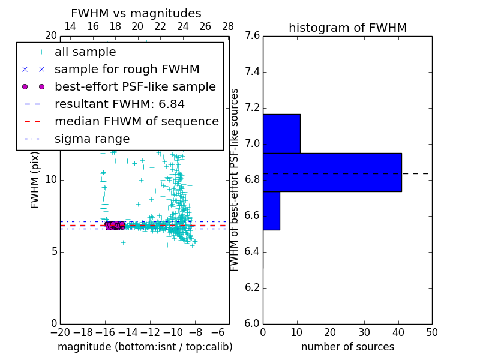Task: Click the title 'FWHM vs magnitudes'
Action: (136, 13)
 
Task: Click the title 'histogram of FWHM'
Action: (347, 28)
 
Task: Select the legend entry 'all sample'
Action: (85, 52)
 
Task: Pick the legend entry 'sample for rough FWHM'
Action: (127, 70)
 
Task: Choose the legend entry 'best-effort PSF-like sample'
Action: (135, 87)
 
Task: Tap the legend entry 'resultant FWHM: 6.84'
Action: (119, 104)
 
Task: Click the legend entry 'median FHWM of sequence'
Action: (136, 122)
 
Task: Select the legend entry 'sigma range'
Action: (92, 139)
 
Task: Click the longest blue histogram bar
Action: (332, 172)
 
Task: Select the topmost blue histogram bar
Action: (281, 133)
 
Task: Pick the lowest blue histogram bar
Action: (271, 211)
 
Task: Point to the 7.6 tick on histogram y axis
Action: (252, 36)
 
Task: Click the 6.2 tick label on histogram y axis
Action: (252, 287)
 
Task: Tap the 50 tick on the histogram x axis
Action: (431, 332)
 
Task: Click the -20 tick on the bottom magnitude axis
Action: (60, 332)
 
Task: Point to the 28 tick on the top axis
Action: (228, 26)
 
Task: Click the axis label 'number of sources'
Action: (347, 347)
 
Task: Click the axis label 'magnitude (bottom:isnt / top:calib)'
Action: (145, 347)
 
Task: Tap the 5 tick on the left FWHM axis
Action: (53, 251)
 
